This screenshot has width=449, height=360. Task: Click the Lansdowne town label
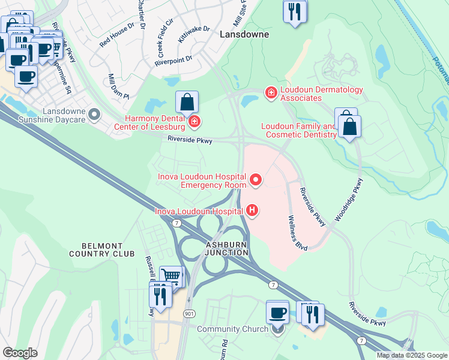[x=244, y=34]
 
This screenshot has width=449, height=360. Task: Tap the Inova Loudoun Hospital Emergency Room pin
[x=256, y=179]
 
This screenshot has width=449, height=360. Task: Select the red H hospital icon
[x=253, y=210]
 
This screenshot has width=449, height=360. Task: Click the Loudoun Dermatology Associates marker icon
[x=271, y=92]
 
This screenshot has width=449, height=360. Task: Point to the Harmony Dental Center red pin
[x=194, y=122]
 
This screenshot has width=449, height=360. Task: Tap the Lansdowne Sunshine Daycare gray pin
[x=94, y=113]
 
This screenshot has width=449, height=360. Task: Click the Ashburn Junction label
[x=227, y=249]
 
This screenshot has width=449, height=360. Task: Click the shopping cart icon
[x=172, y=277]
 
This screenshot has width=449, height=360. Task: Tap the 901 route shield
[x=190, y=313]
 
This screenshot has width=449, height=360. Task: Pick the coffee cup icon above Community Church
[x=277, y=312]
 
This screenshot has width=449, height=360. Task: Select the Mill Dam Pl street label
[x=119, y=87]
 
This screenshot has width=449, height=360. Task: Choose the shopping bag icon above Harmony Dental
[x=187, y=103]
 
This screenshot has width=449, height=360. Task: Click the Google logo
[x=20, y=353]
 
